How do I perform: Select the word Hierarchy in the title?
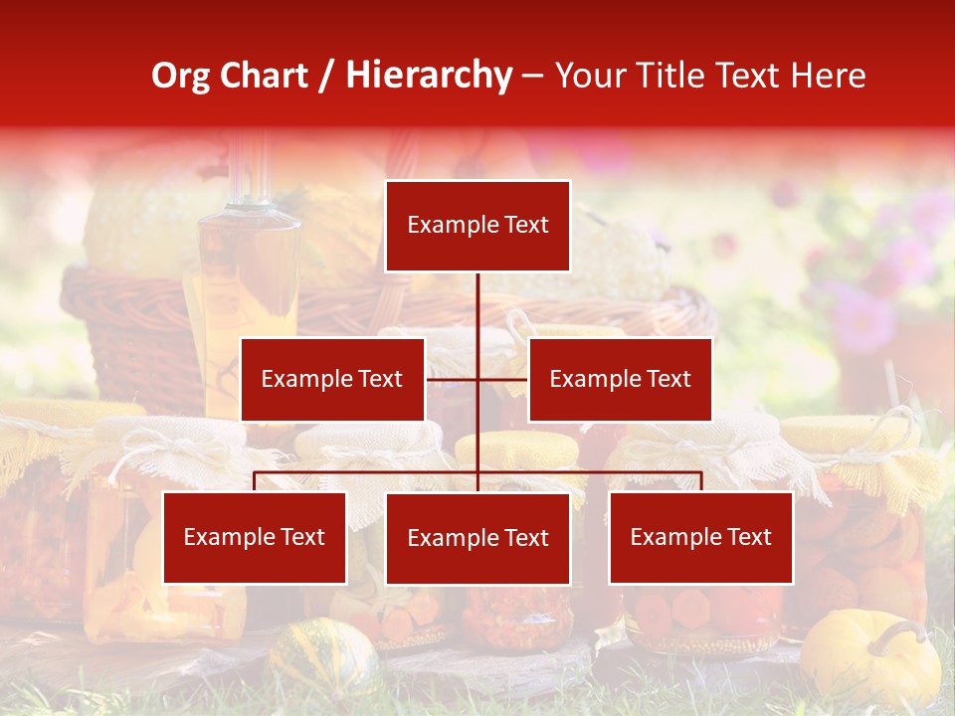428,76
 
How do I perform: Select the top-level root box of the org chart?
477,226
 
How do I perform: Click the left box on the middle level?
332,379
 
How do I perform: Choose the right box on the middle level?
620,379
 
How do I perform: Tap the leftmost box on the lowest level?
255,538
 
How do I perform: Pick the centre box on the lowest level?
477,538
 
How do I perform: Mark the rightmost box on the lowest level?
700,538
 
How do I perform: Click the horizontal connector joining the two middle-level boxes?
502,379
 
